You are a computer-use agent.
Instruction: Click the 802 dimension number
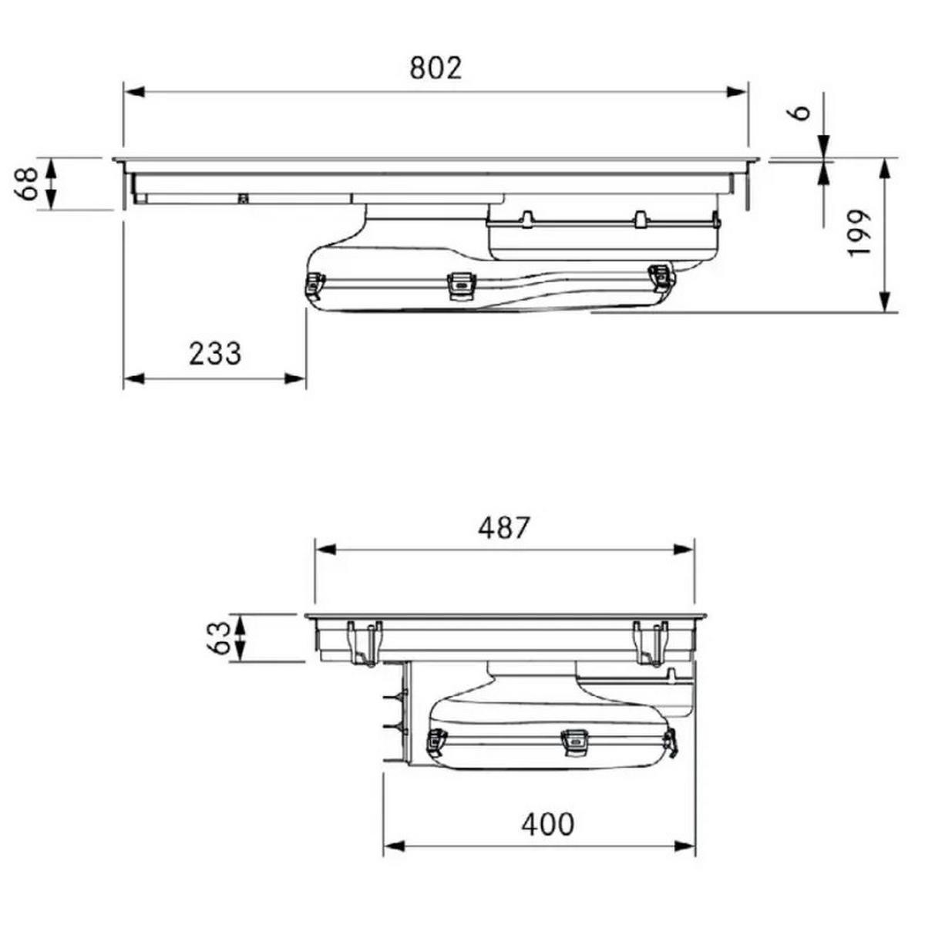pos(436,68)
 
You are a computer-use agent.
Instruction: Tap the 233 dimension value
pos(214,353)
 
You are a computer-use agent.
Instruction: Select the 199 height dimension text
pos(859,233)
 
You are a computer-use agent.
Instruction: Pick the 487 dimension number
pos(503,527)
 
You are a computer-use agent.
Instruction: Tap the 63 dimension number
pos(218,638)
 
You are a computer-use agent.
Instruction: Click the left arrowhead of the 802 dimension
pos(134,92)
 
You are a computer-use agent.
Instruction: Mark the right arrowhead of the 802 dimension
pos(737,92)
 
